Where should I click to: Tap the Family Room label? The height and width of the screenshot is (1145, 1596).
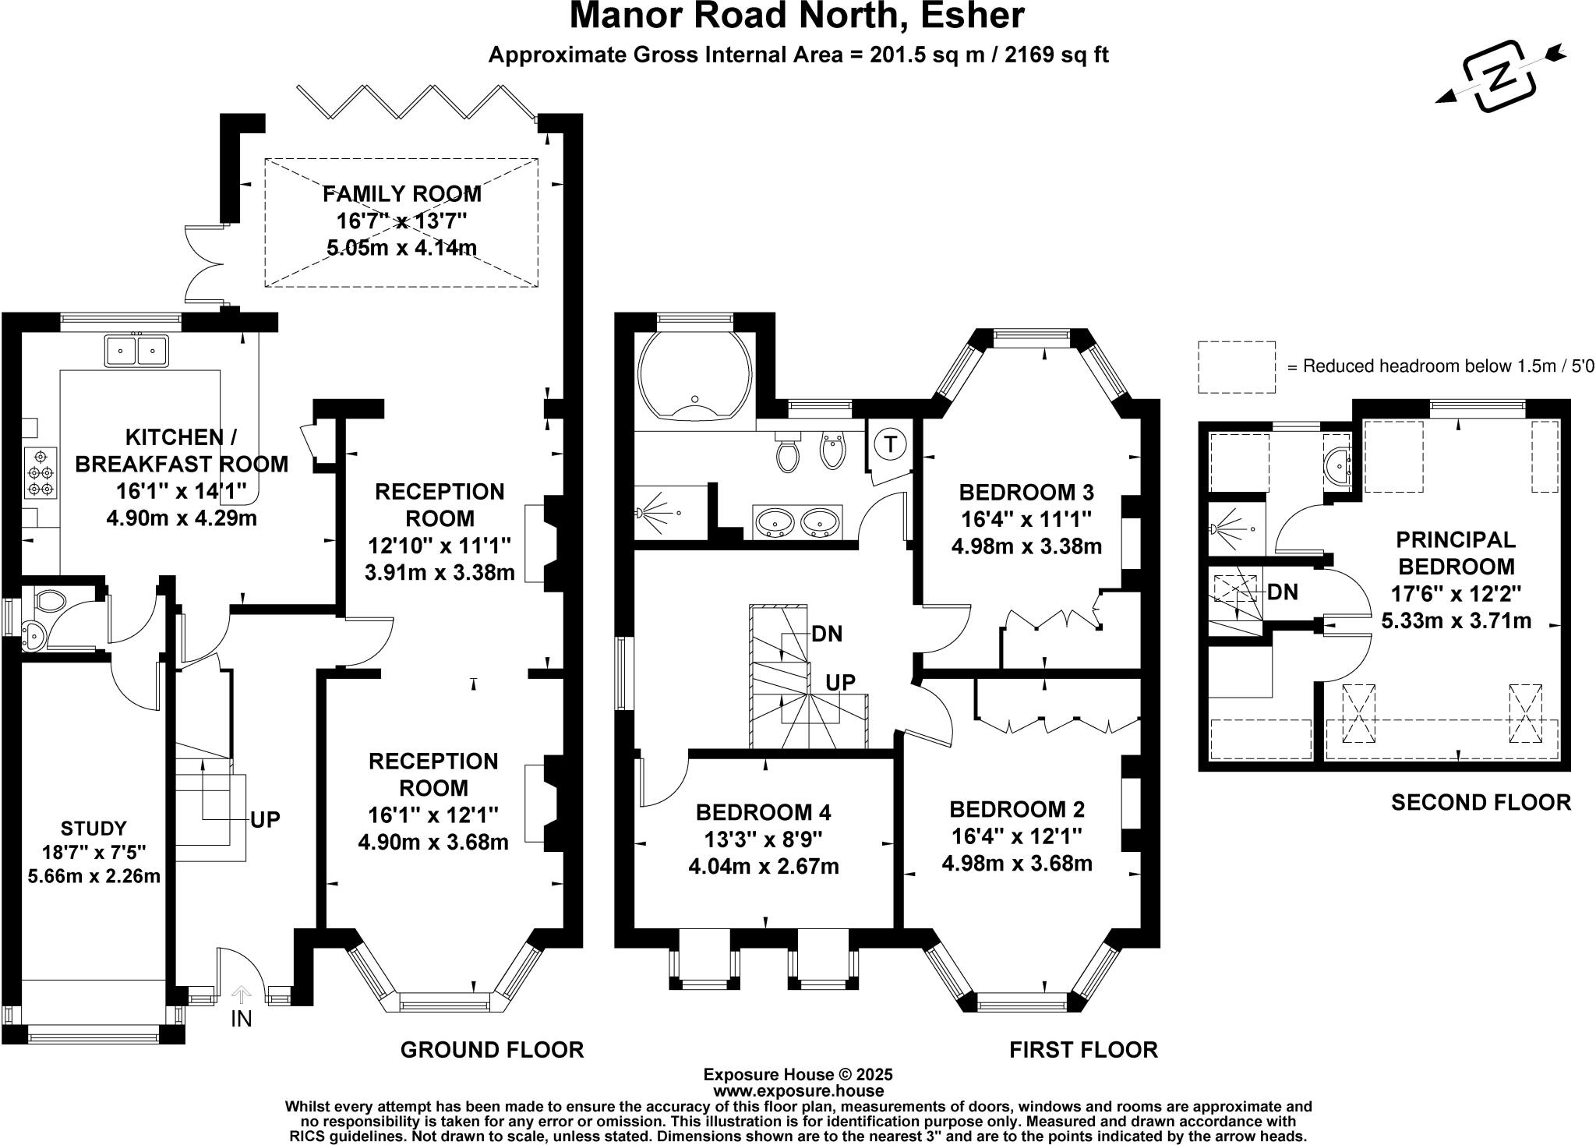point(402,193)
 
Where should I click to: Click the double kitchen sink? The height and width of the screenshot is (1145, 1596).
point(137,351)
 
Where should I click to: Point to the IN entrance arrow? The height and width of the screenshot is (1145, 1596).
point(242,995)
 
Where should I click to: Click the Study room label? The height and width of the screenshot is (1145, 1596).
point(94,828)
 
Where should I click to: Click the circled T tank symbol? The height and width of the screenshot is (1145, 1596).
point(889,444)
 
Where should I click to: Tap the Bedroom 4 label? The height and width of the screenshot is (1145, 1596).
point(763,813)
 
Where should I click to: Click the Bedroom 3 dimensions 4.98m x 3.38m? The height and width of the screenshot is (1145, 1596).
point(1026,546)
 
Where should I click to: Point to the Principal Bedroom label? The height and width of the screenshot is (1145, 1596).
point(1454,553)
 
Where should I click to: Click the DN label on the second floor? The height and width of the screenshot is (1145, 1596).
point(1283,592)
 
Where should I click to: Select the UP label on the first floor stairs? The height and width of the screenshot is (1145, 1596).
point(840,683)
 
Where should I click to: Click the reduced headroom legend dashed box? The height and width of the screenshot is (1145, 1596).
point(1237,366)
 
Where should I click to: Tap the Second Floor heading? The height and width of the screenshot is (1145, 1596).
point(1480,802)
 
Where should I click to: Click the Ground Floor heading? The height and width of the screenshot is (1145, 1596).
point(492,1050)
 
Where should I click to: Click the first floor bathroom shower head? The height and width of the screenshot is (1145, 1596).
point(641,513)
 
